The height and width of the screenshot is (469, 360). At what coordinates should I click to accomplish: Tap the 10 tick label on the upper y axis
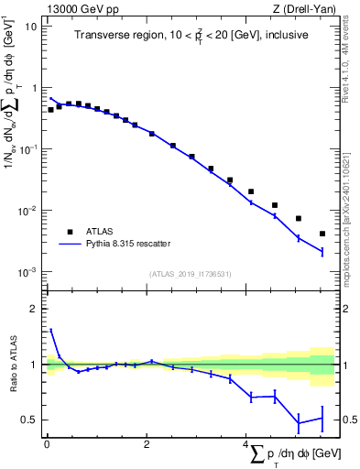tap(31, 26)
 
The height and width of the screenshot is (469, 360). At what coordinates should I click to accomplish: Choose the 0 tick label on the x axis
tap(47, 443)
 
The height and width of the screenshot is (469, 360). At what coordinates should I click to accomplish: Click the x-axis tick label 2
tap(147, 443)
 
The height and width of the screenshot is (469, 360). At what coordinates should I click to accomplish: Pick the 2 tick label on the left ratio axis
tap(34, 309)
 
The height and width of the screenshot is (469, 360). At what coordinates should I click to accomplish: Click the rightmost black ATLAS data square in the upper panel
tap(322, 234)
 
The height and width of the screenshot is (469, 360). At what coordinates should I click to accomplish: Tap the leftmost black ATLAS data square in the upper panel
tap(51, 109)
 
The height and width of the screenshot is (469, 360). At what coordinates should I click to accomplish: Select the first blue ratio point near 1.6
tap(51, 331)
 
